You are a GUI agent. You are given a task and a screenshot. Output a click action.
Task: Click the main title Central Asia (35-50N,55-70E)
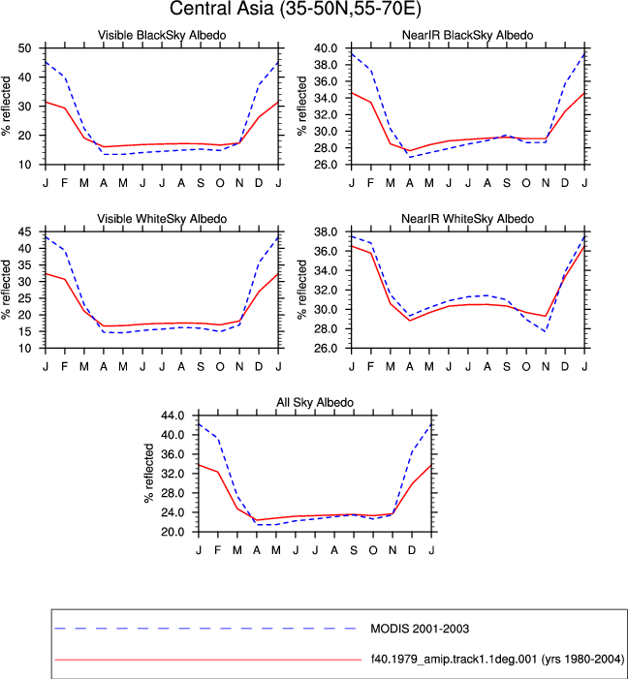[x=296, y=9]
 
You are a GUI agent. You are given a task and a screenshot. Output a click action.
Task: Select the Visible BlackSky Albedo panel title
[x=162, y=35]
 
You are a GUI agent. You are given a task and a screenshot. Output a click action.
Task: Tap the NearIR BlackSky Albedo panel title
[x=468, y=35]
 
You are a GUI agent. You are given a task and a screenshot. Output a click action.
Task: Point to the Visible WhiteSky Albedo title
[x=162, y=219]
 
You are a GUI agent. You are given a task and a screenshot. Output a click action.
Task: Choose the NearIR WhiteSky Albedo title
[x=468, y=219]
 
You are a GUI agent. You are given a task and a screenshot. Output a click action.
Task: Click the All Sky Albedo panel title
[x=315, y=403]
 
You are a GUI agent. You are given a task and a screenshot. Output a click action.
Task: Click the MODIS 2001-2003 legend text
[x=420, y=629]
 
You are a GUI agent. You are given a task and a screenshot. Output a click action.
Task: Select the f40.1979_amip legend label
[x=497, y=660]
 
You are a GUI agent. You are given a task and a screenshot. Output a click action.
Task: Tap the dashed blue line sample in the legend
[x=205, y=629]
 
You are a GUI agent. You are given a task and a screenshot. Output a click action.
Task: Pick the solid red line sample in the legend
[x=208, y=660]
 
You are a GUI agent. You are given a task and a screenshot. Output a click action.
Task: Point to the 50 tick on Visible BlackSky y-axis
[x=24, y=48]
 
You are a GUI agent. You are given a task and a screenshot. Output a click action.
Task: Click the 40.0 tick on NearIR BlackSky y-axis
[x=328, y=48]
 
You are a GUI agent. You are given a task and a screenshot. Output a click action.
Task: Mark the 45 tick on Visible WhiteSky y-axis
[x=24, y=232]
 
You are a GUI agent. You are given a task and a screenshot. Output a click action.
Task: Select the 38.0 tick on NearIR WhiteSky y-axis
[x=328, y=232]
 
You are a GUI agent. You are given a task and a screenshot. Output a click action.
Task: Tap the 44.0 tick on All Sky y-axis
[x=173, y=416]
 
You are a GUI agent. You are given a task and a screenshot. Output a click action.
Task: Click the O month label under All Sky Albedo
[x=373, y=550]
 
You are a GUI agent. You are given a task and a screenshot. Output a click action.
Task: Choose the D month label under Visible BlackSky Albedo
[x=259, y=183]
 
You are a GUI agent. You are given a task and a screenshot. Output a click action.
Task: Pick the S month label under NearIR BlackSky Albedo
[x=507, y=183]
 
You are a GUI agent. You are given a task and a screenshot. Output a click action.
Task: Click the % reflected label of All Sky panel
[x=148, y=473]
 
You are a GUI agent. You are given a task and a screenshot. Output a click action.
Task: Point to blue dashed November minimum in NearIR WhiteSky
[x=546, y=331]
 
